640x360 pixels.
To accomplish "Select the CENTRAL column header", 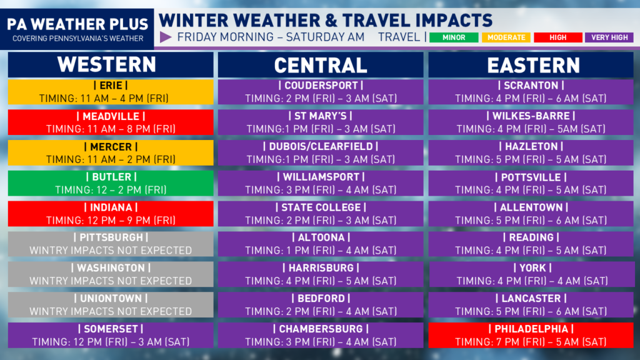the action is (x=321, y=64).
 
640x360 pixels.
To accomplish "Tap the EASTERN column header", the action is (x=531, y=64).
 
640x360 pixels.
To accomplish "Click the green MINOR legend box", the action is (x=454, y=37).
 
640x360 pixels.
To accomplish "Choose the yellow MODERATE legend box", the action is (x=506, y=37).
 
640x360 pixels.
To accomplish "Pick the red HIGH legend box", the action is (x=558, y=37).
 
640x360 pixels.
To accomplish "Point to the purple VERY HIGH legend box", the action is (x=609, y=37).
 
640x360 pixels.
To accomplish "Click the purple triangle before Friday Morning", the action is (x=165, y=37).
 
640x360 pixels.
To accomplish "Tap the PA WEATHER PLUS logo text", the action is (x=77, y=24).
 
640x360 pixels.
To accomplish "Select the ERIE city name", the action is (x=111, y=85).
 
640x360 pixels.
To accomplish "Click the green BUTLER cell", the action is (x=111, y=183).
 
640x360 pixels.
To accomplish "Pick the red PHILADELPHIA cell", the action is (x=531, y=335).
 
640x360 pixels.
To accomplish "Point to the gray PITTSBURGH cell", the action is (x=111, y=244).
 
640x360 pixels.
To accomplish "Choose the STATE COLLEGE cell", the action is (x=321, y=214).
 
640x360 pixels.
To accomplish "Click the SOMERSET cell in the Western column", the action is (x=111, y=335).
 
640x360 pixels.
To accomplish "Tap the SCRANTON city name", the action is (x=531, y=85).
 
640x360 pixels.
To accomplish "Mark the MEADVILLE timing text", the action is (x=111, y=129).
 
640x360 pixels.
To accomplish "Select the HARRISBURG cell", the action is (x=321, y=274).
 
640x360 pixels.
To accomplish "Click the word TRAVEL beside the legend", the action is (x=399, y=37).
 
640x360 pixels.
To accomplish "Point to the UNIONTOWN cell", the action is (x=111, y=304).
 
